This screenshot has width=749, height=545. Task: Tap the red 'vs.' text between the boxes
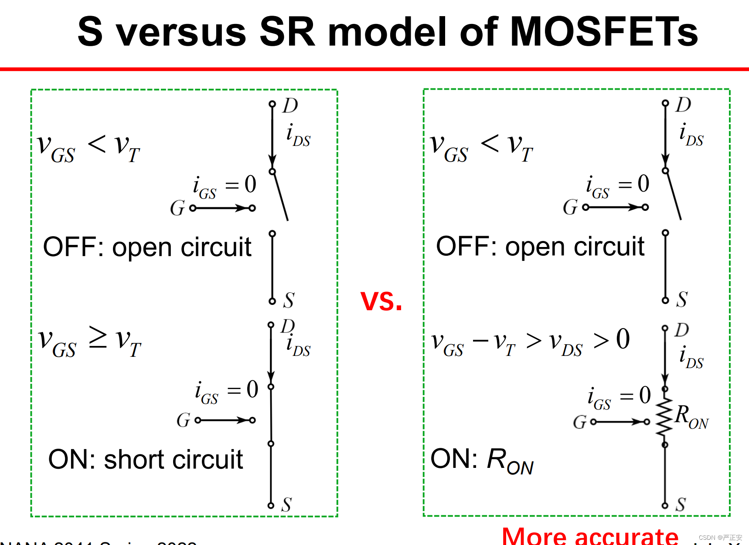381,301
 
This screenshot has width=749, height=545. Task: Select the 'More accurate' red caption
590,536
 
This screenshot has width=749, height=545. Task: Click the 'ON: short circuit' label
146,460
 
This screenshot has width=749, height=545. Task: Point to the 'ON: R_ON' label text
482,460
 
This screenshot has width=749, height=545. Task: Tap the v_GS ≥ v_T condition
89,342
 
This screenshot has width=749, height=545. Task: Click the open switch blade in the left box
280,196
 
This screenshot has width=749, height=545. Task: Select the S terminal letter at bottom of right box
681,504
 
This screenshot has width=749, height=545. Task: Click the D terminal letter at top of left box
290,105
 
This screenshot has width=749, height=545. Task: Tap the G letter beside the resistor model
580,422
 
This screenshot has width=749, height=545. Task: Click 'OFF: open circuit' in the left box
147,247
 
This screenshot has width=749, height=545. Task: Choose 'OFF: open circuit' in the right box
540,247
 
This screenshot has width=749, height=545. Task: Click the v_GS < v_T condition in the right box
481,147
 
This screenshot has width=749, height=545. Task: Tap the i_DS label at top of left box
298,135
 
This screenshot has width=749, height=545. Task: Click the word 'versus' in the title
181,31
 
